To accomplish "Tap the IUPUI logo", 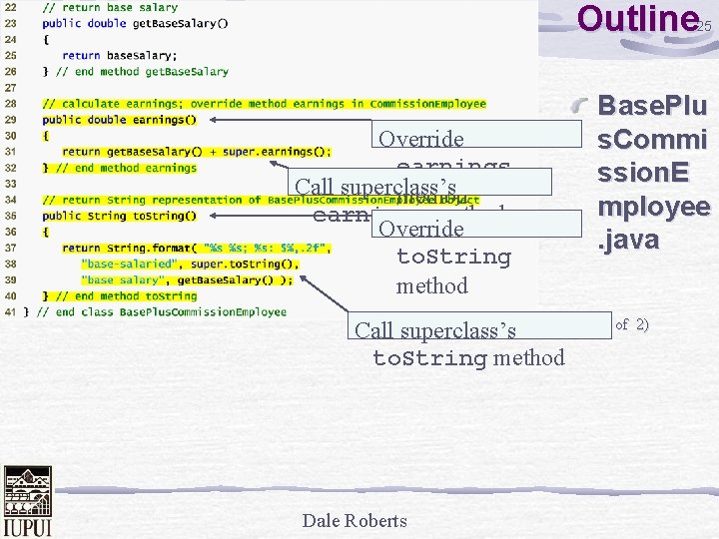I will pyautogui.click(x=27, y=501).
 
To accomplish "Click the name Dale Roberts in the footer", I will pyautogui.click(x=355, y=521).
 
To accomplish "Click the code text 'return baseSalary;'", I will pyautogui.click(x=109, y=56).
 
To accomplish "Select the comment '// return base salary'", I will pyautogui.click(x=110, y=8).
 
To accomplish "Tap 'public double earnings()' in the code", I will pyautogui.click(x=120, y=120).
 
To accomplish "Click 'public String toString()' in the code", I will pyautogui.click(x=120, y=216).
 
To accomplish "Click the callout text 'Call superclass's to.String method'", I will pyautogui.click(x=459, y=344).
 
